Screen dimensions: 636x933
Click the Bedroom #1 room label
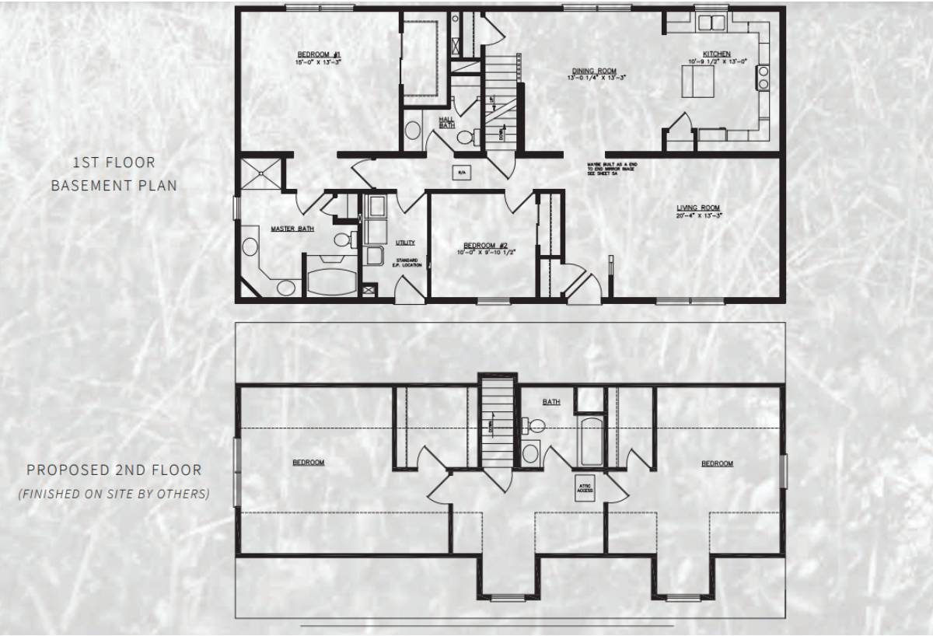[320, 54]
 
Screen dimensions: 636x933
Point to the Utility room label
[405, 243]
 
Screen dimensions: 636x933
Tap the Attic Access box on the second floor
[585, 487]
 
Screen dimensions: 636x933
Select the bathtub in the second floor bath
[591, 442]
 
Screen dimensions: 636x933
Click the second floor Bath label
[551, 402]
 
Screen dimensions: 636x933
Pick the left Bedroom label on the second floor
[308, 463]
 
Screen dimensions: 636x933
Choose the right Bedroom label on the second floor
[717, 463]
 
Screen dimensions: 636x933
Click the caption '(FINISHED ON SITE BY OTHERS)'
[114, 494]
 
